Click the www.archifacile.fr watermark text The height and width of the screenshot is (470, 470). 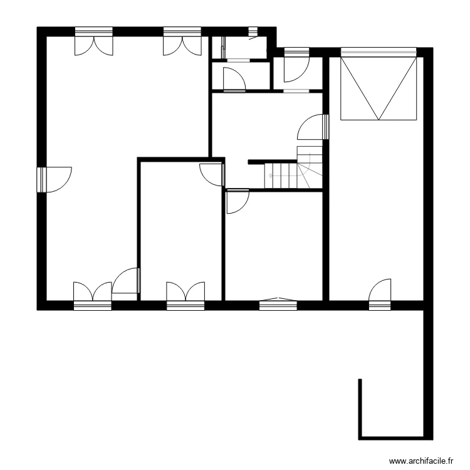(x=421, y=460)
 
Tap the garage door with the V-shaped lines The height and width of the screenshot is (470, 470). (x=378, y=87)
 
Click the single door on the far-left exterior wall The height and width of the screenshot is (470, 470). (x=54, y=179)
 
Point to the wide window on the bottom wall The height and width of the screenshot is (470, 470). (x=278, y=303)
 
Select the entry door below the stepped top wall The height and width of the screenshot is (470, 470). (x=295, y=66)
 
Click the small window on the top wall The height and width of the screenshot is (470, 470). (x=253, y=31)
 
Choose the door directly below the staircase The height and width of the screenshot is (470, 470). (x=237, y=202)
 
